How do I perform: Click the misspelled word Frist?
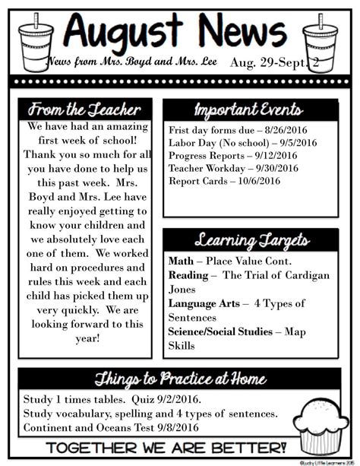coord(181,129)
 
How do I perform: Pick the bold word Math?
coord(181,262)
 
